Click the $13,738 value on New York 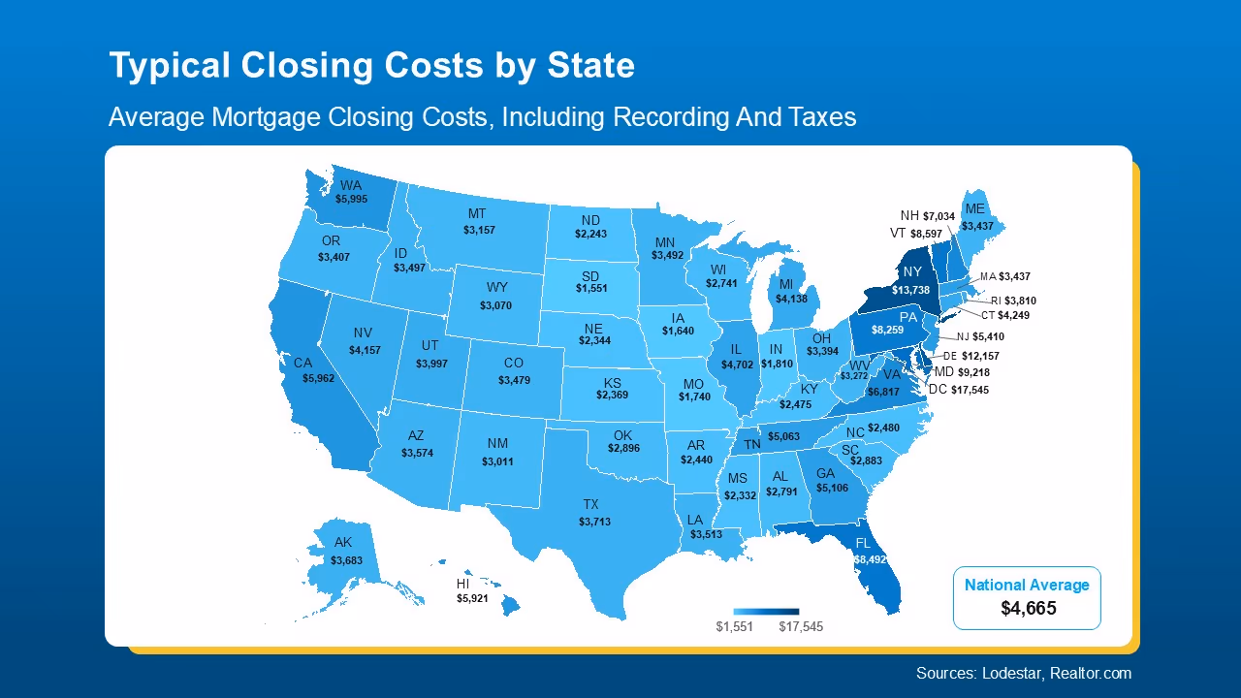point(911,290)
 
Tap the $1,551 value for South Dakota point(590,289)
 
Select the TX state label point(590,504)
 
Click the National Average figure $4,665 point(1028,609)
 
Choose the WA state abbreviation point(351,185)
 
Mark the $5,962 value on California point(318,378)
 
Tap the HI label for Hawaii point(464,585)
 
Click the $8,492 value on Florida point(870,559)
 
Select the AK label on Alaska point(343,542)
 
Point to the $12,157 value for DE point(980,357)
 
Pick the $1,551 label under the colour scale point(734,626)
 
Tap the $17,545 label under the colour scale point(800,626)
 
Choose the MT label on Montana point(477,213)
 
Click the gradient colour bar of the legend point(766,612)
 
